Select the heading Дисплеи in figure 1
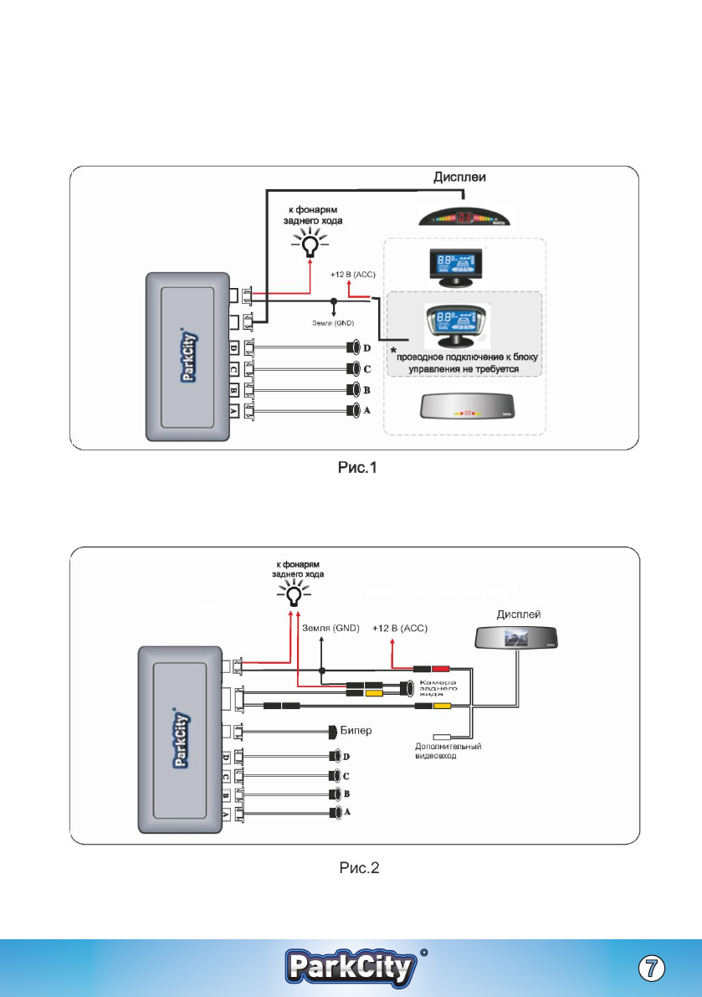[461, 177]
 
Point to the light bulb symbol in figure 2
[293, 595]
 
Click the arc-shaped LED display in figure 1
[470, 217]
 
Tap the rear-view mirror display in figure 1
[469, 412]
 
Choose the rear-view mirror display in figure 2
[517, 638]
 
